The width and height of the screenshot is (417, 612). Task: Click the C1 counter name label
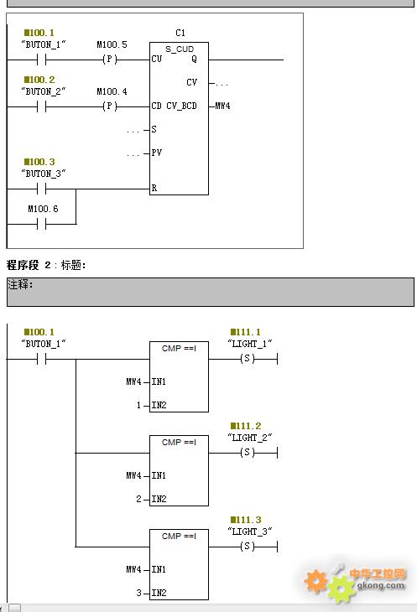[x=180, y=34]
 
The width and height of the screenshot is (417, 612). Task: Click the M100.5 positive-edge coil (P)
[x=110, y=60]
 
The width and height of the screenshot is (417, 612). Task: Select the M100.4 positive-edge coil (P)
[x=110, y=106]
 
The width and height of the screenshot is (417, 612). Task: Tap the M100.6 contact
[x=42, y=224]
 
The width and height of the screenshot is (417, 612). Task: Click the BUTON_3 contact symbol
[x=42, y=189]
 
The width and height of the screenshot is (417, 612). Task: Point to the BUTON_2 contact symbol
[x=42, y=106]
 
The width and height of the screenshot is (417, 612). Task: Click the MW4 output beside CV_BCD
[x=222, y=106]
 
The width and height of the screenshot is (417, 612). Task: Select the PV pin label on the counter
[x=157, y=153]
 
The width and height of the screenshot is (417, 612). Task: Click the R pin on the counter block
[x=154, y=188]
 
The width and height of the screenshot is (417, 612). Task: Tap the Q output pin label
[x=194, y=60]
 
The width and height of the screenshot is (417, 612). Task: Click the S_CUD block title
[x=180, y=49]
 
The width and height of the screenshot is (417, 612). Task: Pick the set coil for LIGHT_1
[x=247, y=358]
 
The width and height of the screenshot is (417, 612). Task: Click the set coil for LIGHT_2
[x=247, y=453]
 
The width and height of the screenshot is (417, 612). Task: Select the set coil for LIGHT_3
[x=247, y=546]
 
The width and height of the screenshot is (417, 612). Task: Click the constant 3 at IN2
[x=139, y=593]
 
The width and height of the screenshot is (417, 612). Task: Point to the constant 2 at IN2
[x=139, y=499]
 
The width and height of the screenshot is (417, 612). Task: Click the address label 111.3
[x=246, y=520]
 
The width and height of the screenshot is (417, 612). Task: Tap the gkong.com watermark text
[x=381, y=585]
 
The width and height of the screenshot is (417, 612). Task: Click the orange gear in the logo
[x=315, y=581]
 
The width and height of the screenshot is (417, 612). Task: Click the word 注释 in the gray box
[x=18, y=284]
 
